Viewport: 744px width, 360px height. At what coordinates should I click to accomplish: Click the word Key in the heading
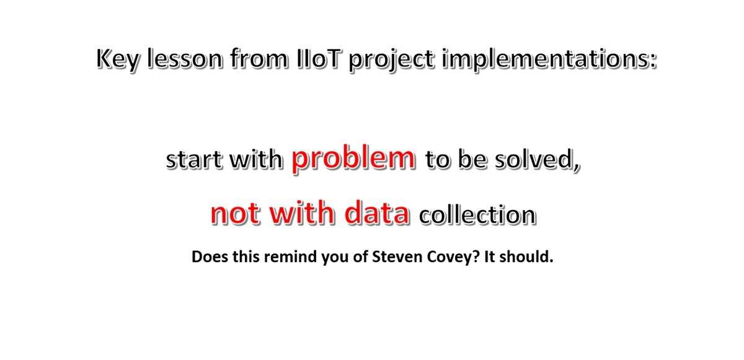117,59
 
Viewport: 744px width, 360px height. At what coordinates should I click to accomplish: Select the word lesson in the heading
184,59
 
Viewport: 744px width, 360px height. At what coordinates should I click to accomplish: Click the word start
194,160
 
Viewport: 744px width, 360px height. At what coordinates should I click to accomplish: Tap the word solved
538,160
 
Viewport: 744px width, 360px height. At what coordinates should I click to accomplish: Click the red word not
235,213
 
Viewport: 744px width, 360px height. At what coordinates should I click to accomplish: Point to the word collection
477,214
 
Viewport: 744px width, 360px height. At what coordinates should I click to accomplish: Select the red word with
301,213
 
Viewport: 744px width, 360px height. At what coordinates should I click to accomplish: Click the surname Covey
449,258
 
